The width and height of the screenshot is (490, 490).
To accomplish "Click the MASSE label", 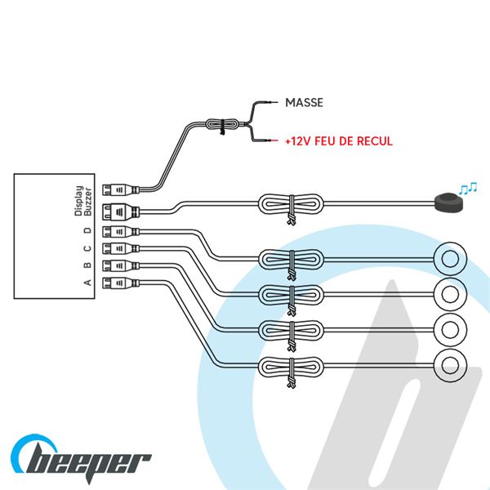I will pos(305,103).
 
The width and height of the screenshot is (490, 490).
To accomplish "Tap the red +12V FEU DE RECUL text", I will pos(339,141).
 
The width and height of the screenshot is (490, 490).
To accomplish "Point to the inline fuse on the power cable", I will pos(221,126).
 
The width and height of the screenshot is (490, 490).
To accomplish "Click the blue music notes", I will pos(469,189).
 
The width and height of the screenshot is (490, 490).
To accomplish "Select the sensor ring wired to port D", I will pos(448,258).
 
